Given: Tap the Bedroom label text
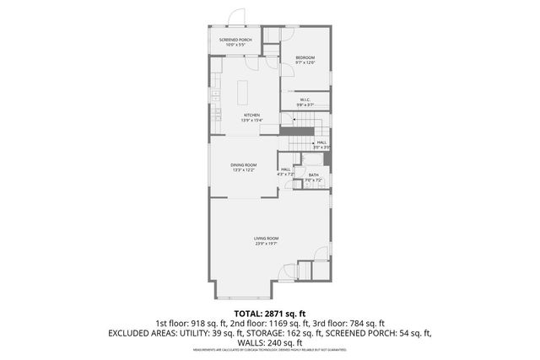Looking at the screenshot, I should pos(305,57).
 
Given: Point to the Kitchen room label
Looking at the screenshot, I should pos(251,115).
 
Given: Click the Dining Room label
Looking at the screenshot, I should pos(244,164).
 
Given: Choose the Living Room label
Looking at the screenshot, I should pos(266,238).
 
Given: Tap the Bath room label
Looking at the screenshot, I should pos(313,175).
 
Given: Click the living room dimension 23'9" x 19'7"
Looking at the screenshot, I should pos(266,244).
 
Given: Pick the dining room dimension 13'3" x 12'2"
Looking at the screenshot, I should pos(244,170).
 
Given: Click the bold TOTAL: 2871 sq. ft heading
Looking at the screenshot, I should pos(270,312).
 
